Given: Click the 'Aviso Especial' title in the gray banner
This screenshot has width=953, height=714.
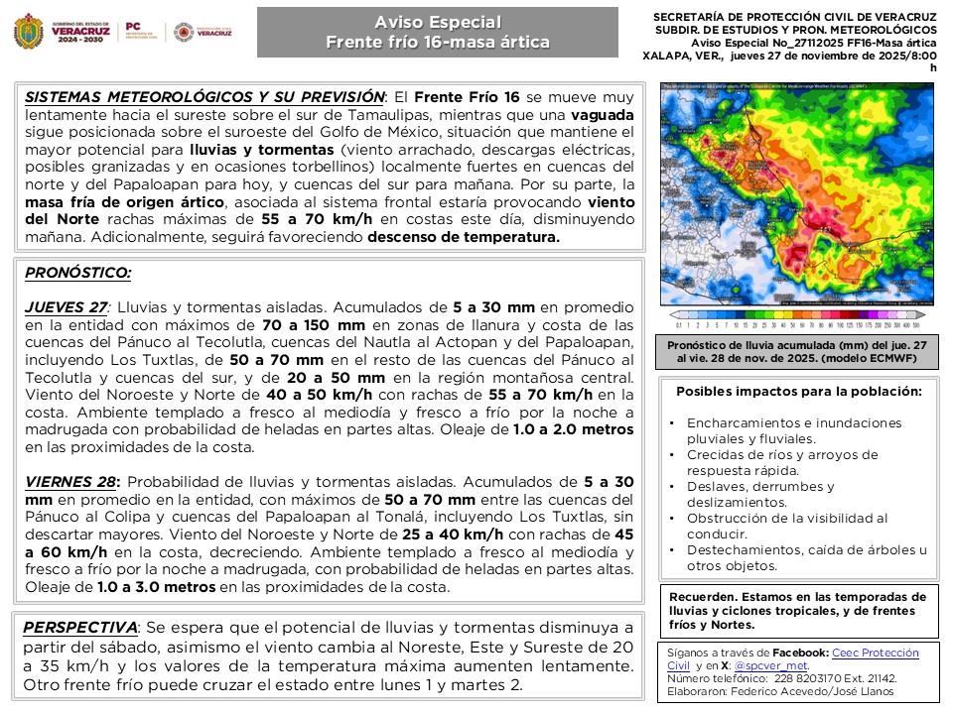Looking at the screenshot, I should (437, 22).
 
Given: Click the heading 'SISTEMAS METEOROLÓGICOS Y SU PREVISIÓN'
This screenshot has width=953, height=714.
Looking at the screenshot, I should (204, 97).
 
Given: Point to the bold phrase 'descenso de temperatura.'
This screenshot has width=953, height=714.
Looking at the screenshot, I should (464, 237).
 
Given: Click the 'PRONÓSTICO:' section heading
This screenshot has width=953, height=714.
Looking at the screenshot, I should (77, 273).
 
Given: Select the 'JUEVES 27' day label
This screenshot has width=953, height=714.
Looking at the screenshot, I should (66, 307).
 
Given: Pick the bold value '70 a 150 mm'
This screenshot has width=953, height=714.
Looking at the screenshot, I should (303, 325).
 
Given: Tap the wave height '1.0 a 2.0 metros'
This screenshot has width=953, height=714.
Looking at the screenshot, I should (572, 429).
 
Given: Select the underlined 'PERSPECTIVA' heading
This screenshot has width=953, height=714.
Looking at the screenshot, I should (80, 628).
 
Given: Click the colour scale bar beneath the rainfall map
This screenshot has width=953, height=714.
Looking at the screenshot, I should (798, 323).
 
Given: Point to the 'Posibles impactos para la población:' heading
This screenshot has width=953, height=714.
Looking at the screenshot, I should (798, 391).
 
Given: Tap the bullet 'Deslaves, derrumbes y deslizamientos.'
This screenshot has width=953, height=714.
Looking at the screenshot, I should (760, 495).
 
